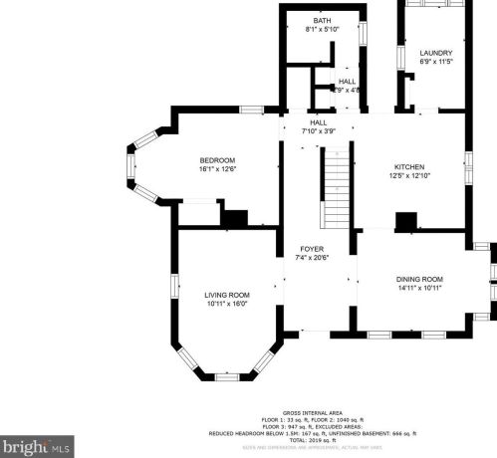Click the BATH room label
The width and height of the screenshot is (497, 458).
pos(322,20)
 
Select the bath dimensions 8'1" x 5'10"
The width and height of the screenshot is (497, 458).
pos(322,29)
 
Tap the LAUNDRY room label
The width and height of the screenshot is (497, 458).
pos(435,53)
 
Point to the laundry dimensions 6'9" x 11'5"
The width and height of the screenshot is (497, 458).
pos(435,62)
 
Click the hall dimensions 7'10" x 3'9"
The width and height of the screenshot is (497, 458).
pos(318,130)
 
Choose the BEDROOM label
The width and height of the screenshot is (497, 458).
pos(216,160)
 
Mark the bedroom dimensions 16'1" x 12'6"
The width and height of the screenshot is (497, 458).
pos(216,169)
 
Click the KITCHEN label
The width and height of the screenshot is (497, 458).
pos(409,166)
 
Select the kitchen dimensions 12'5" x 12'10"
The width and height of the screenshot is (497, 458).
pos(409,175)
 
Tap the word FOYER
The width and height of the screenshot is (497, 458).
pos(312,248)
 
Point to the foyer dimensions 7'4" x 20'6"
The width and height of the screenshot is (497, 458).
pos(312,257)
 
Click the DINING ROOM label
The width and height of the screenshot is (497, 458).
pos(418,279)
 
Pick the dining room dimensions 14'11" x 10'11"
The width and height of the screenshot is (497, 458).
pos(418,288)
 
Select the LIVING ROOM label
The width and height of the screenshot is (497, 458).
pos(227,295)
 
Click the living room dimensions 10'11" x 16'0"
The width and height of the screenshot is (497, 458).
pos(227,304)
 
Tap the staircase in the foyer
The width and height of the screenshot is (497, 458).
pos(338,189)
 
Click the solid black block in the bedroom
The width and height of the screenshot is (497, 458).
pos(235,218)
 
